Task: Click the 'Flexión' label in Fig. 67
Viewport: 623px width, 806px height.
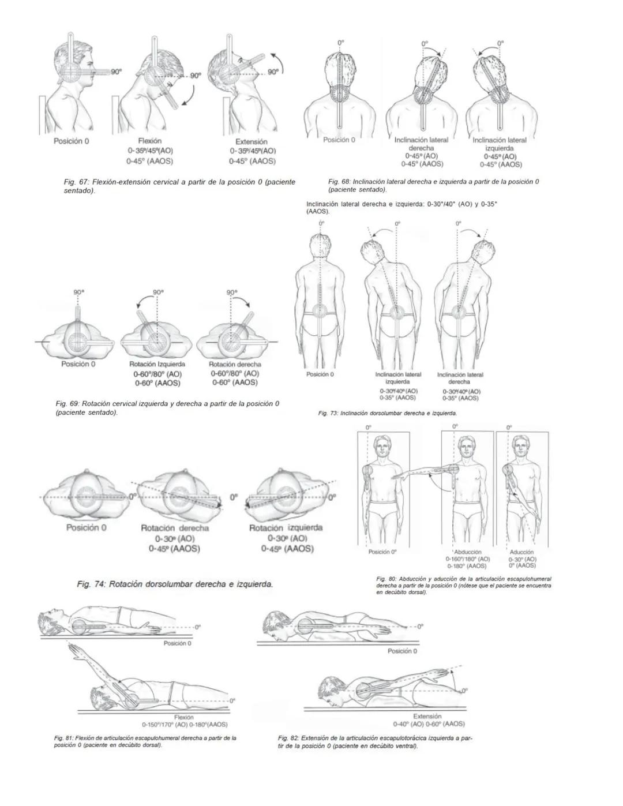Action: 149,141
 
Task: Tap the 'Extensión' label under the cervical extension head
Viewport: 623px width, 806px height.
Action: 252,141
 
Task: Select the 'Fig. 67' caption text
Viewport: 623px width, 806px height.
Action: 179,186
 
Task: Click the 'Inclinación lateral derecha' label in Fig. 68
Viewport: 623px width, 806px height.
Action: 421,144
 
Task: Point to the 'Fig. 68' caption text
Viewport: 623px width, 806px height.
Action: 433,185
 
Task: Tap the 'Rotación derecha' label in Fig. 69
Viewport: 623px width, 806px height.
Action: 235,365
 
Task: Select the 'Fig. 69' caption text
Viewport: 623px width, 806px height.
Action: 167,408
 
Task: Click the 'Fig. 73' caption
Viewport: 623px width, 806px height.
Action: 387,414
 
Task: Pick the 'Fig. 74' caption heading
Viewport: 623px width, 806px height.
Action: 175,584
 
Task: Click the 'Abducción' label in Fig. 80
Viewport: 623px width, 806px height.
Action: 467,552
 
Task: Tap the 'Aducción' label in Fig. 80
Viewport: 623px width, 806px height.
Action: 522,552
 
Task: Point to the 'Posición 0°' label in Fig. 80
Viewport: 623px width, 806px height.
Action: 382,552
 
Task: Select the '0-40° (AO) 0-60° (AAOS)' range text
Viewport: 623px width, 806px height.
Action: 428,723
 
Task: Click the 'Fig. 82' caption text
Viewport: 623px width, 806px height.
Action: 375,741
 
